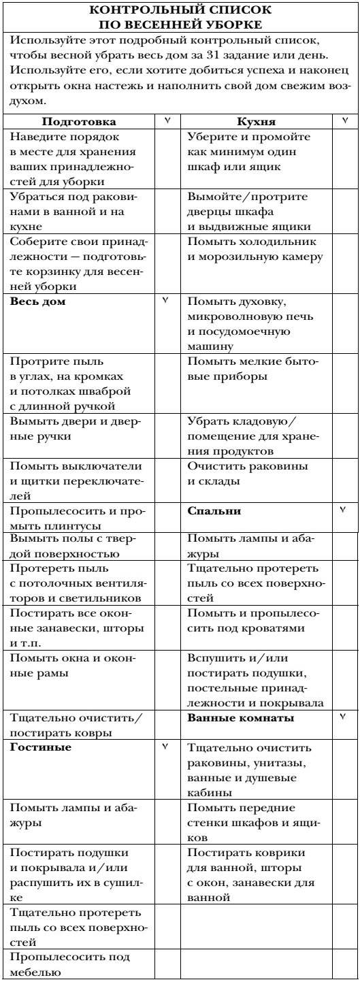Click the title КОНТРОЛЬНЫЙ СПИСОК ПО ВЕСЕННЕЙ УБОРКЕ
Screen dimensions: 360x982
pyautogui.click(x=180, y=18)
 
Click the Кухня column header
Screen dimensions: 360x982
pyautogui.click(x=255, y=122)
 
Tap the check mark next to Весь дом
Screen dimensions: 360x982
pyautogui.click(x=165, y=300)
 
